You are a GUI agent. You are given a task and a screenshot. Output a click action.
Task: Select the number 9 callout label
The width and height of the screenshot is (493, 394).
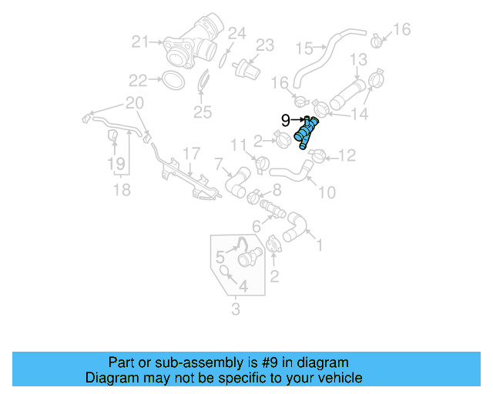pyautogui.click(x=285, y=120)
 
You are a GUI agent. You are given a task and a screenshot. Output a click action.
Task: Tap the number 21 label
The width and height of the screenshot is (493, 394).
pyautogui.click(x=139, y=42)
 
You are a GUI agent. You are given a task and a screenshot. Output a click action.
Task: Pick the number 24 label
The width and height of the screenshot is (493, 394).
pyautogui.click(x=237, y=33)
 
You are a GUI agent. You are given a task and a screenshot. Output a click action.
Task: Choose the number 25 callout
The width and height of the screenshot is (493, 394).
pyautogui.click(x=202, y=113)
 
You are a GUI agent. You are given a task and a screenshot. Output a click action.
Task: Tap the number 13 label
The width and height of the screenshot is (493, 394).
pyautogui.click(x=359, y=59)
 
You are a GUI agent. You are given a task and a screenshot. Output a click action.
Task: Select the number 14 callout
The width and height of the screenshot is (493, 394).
pyautogui.click(x=359, y=114)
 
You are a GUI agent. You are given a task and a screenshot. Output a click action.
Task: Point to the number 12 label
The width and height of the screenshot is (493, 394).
pyautogui.click(x=347, y=156)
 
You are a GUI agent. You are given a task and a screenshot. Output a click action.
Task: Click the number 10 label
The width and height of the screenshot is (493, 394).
pyautogui.click(x=327, y=191)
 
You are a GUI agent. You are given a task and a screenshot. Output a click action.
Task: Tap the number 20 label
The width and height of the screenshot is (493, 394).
pyautogui.click(x=134, y=103)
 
